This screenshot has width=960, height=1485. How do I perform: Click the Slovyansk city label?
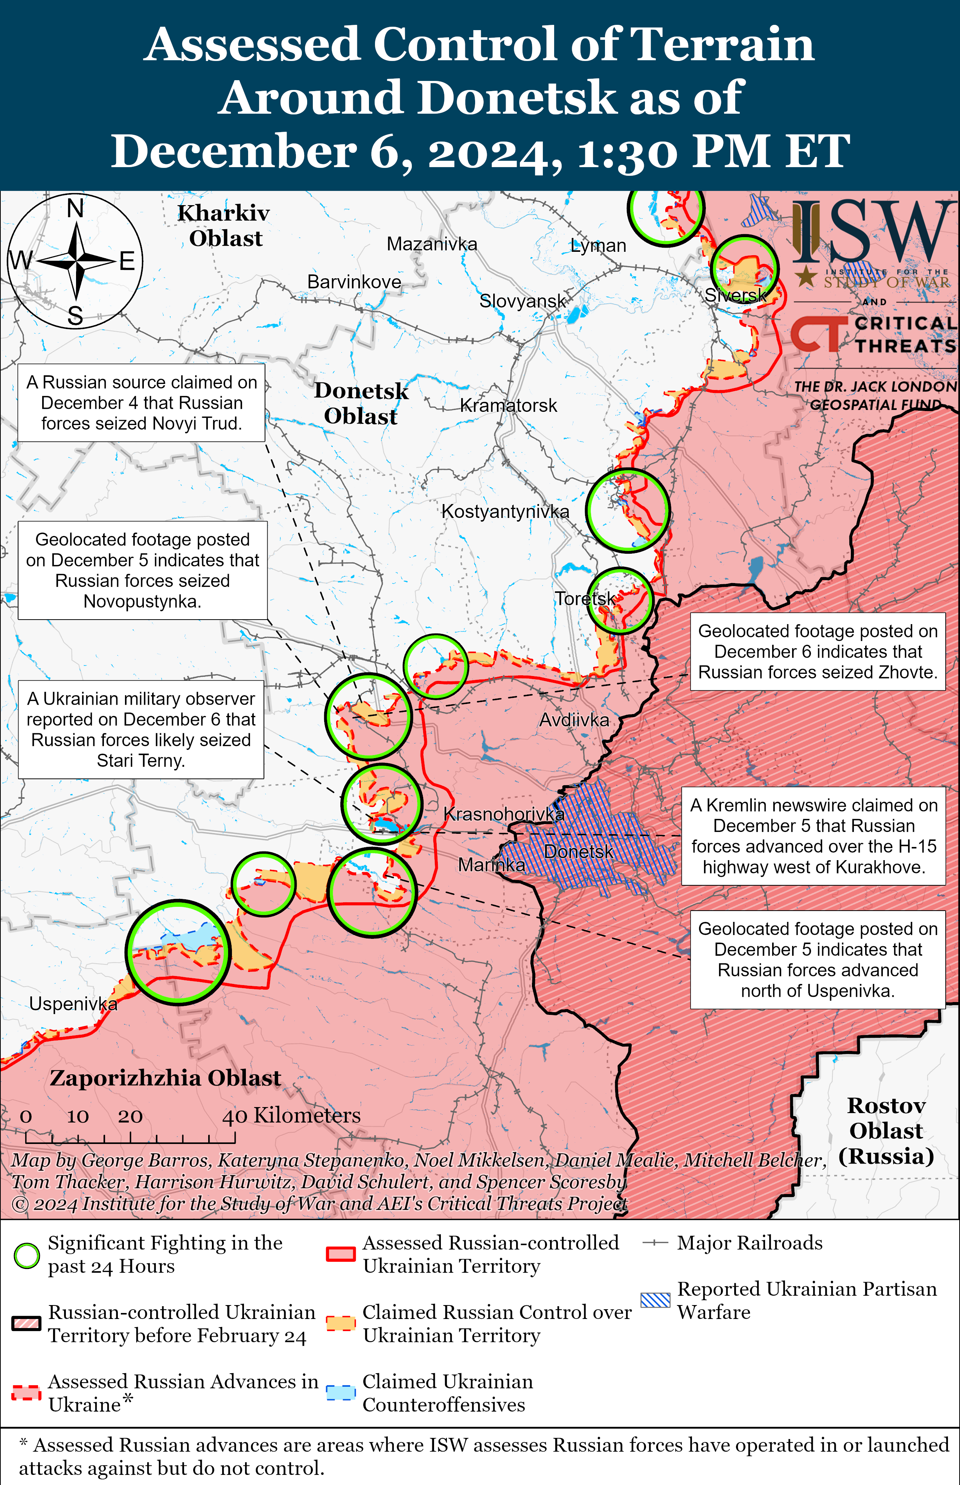523,302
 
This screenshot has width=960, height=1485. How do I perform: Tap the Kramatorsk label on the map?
508,406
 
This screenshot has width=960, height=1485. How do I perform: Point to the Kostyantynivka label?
505,512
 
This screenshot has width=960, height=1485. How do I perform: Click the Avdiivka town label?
573,720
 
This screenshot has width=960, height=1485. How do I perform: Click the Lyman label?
598,245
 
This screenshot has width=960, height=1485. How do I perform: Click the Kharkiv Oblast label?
224,225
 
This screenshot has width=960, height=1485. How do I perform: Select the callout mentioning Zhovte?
817,652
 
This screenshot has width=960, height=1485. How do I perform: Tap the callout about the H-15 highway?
814,836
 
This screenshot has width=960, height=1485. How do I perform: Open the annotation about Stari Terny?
141,730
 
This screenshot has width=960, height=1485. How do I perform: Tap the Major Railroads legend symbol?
655,1243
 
